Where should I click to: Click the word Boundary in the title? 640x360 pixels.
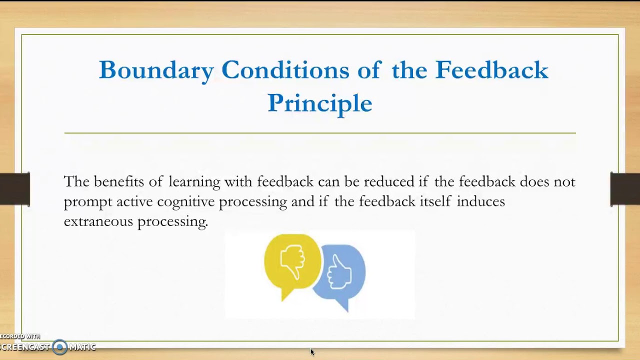coord(156,70)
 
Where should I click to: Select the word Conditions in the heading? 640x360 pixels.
coord(285,70)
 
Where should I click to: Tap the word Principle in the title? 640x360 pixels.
coord(319,103)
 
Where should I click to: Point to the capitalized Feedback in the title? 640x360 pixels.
coord(491,70)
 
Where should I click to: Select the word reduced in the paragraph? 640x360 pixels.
coord(389,181)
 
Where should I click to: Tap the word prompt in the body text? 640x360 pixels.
coord(88,202)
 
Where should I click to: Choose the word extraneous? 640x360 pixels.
coord(98,221)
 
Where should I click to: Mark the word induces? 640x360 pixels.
coord(480,201)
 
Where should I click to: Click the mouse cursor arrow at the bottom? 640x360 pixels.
coord(312,352)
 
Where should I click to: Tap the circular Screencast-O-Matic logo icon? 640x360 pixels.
coord(60,347)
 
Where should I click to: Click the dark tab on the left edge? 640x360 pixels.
coord(14,188)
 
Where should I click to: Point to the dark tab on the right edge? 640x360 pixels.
coord(625,188)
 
